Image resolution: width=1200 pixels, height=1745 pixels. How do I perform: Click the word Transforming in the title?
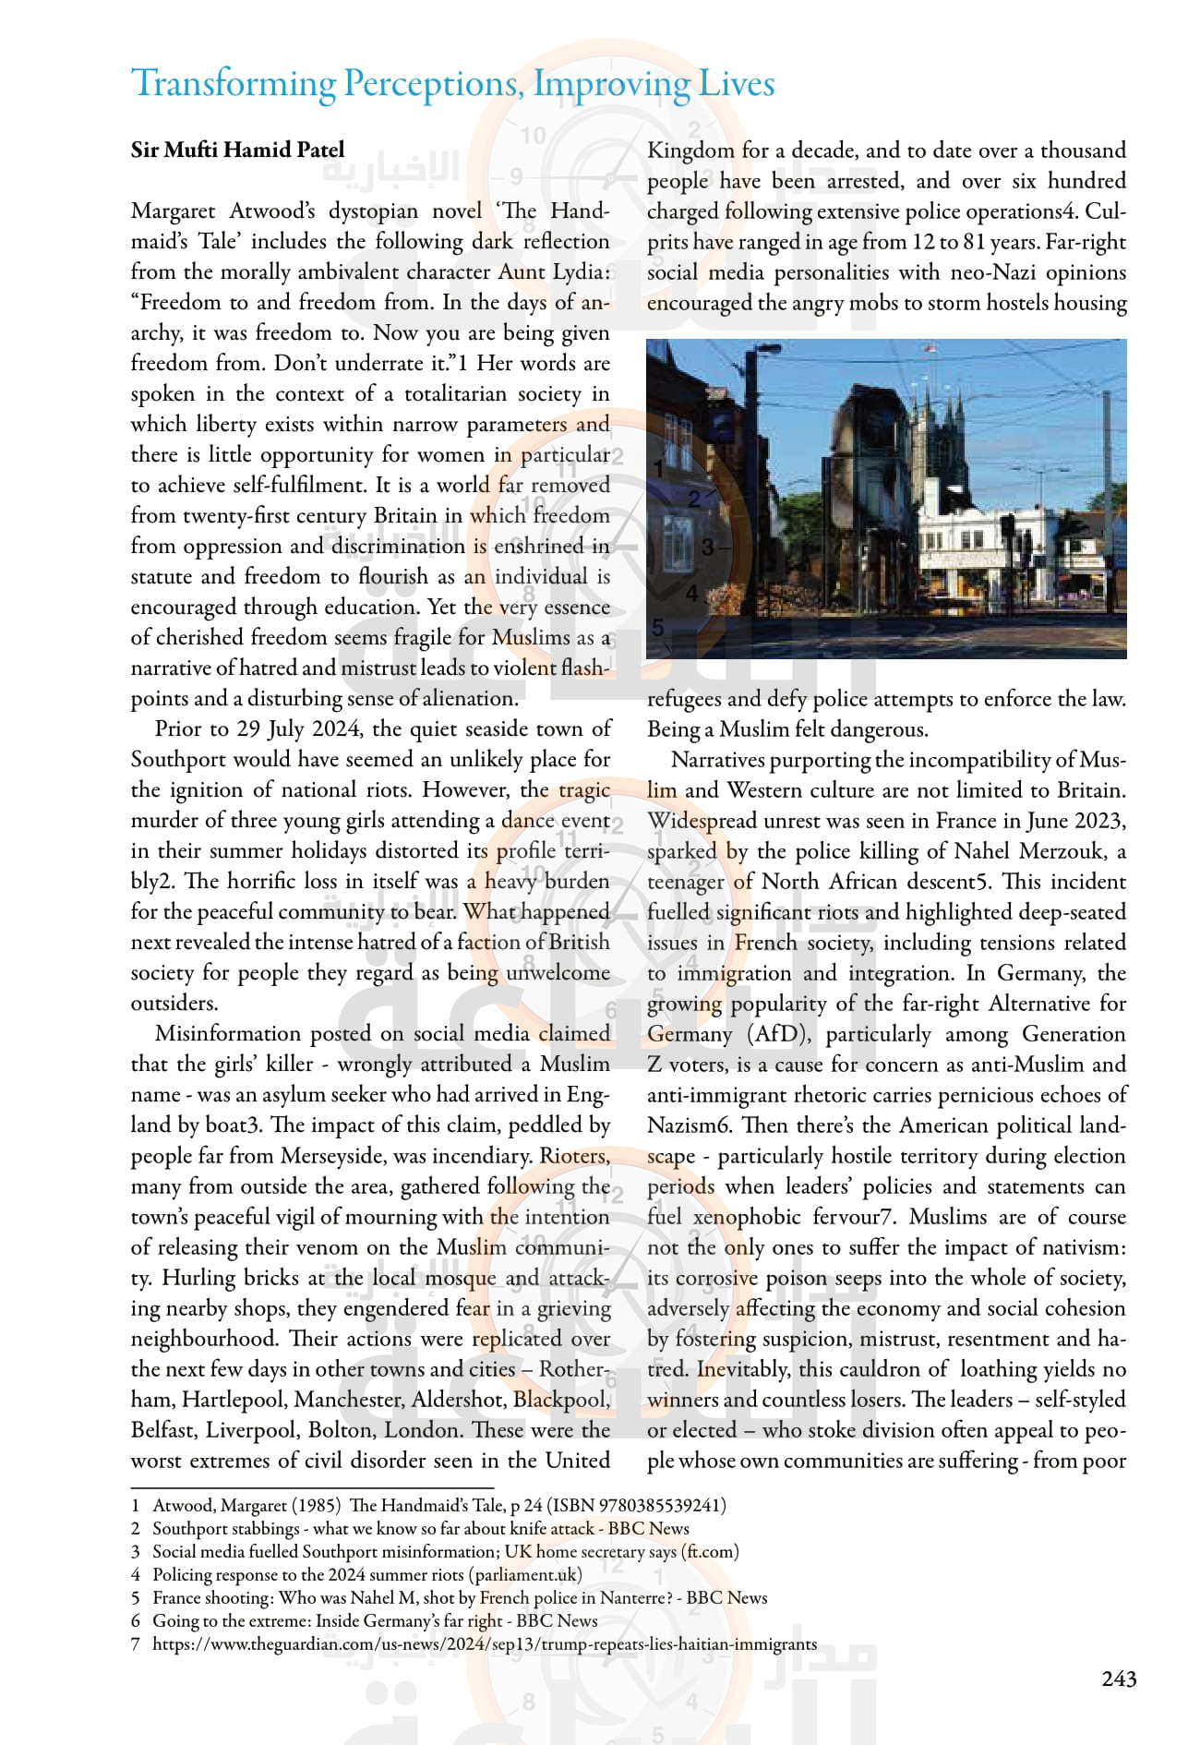pos(234,84)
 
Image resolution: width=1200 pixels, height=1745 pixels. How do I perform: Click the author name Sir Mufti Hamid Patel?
pos(237,150)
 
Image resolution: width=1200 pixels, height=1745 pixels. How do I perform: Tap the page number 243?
pos(1119,1679)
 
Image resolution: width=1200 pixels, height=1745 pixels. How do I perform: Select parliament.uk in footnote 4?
pos(525,1575)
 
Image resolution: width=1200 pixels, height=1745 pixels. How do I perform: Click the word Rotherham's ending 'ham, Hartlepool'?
pos(152,1400)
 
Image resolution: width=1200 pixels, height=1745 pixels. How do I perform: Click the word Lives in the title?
pos(737,84)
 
